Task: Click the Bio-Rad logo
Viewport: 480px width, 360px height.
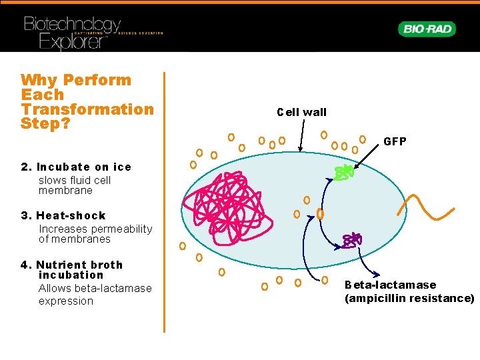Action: (x=427, y=29)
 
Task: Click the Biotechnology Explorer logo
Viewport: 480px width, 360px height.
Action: (x=73, y=32)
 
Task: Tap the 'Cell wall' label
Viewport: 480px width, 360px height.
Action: (x=301, y=112)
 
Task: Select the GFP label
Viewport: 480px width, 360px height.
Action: (x=395, y=142)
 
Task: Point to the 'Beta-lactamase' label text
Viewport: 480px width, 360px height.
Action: (x=390, y=285)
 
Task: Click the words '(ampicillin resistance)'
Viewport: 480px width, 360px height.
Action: (x=409, y=298)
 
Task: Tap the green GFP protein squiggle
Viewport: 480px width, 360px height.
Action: (x=343, y=173)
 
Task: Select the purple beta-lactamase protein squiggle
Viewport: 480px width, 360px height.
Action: (x=351, y=240)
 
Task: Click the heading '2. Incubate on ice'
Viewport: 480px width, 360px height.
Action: (x=76, y=167)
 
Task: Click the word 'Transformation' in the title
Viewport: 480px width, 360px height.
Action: (x=87, y=109)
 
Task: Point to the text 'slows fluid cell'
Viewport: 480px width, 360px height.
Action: (x=75, y=180)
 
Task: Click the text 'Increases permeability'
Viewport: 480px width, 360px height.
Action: (x=95, y=229)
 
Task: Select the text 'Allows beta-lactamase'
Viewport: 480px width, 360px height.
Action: (x=95, y=288)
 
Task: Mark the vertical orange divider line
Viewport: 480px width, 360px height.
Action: (x=164, y=200)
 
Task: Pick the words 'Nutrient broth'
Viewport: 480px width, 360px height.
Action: (x=79, y=265)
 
